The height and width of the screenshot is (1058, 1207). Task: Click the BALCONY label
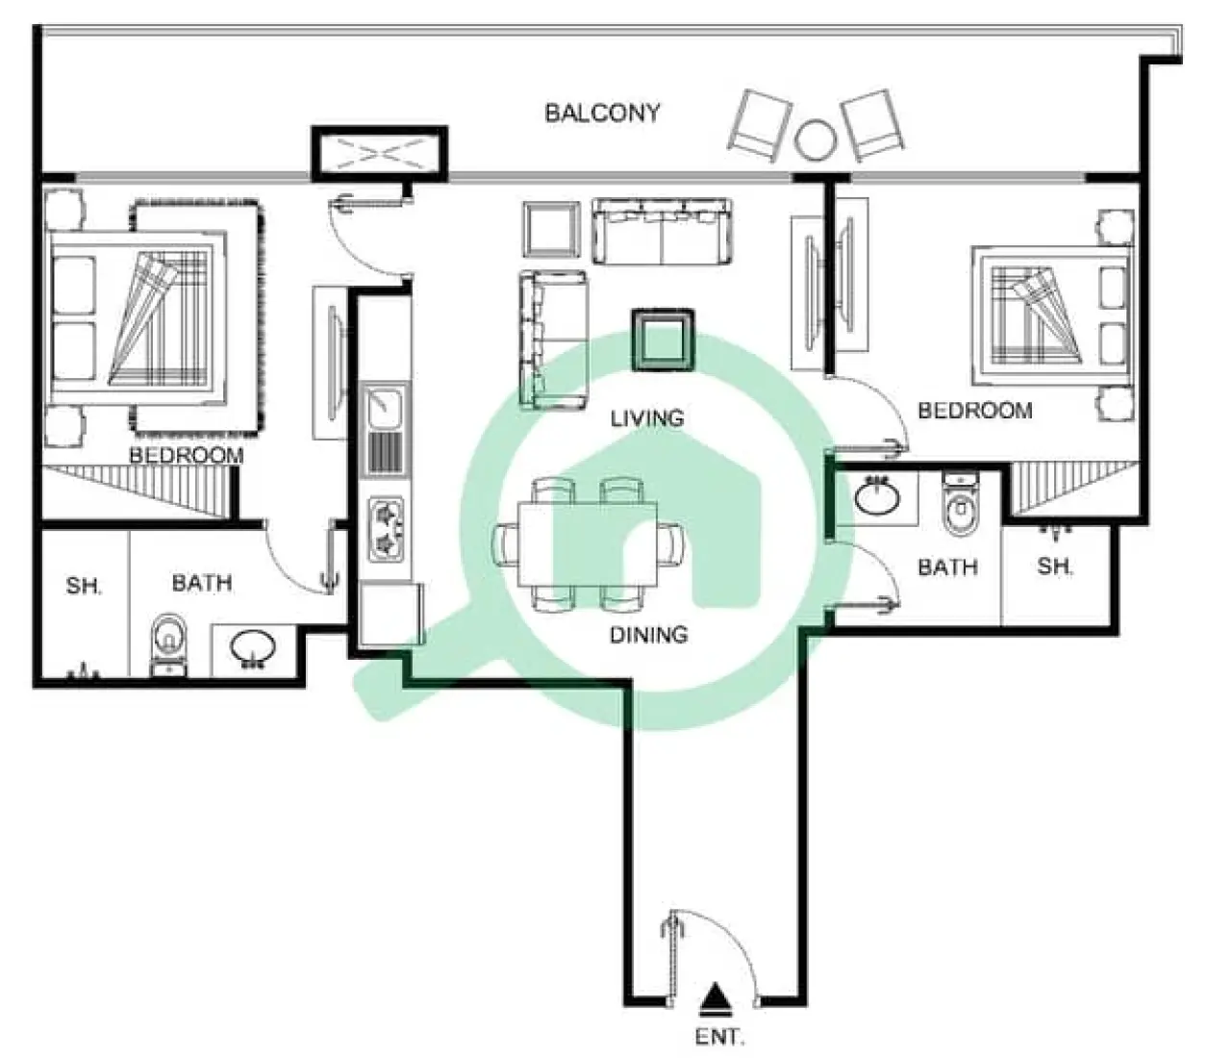(x=602, y=113)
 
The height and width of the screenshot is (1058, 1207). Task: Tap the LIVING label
(x=647, y=418)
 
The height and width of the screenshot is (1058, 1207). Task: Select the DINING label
(x=648, y=635)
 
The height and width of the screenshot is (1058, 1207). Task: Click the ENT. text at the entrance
(x=719, y=1038)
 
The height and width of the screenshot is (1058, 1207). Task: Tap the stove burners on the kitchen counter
(x=387, y=530)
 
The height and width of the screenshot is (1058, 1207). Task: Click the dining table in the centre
(x=588, y=543)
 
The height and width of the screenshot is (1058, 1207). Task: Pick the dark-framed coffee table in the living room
(x=662, y=340)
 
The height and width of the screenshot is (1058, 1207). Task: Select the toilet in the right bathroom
(x=959, y=506)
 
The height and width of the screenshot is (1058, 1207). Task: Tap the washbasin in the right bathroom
(x=876, y=497)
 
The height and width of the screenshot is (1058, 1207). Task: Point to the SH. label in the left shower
(x=84, y=585)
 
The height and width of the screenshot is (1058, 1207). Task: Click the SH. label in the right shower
(x=1055, y=567)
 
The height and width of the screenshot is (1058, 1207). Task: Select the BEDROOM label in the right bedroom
(x=974, y=411)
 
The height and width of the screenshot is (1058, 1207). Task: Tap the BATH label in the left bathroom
(x=201, y=583)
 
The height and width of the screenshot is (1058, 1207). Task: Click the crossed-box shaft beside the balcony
(x=378, y=153)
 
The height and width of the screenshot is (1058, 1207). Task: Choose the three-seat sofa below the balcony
(x=662, y=232)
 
